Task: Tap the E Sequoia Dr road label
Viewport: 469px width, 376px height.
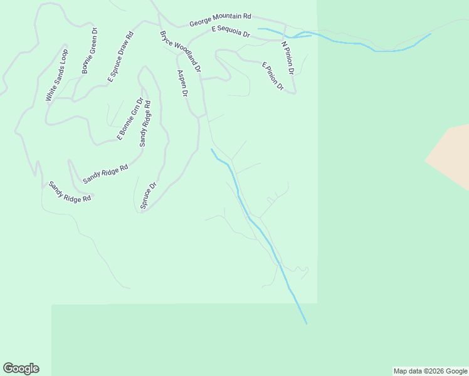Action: (x=231, y=31)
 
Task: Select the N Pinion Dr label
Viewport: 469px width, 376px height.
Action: (x=288, y=55)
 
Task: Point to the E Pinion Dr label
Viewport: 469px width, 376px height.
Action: (x=273, y=76)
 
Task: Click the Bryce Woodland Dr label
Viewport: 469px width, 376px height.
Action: (x=180, y=50)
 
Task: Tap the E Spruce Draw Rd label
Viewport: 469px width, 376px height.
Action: (x=120, y=57)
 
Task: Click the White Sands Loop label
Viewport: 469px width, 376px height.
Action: (x=56, y=75)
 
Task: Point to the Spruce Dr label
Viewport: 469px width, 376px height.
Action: (x=148, y=195)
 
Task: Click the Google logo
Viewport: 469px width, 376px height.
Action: (x=21, y=368)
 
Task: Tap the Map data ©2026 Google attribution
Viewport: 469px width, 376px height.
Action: (x=430, y=371)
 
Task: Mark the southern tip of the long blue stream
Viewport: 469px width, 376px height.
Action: (x=307, y=323)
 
